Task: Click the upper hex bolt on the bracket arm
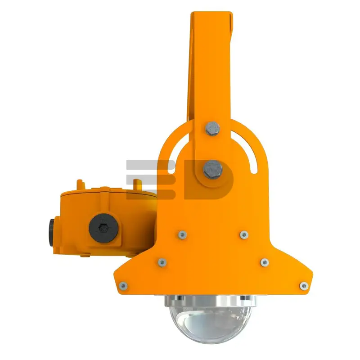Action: click(x=212, y=128)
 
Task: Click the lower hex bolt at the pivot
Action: click(x=213, y=170)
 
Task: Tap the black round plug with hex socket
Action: click(x=104, y=228)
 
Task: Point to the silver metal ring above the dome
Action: click(x=211, y=301)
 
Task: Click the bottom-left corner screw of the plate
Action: click(x=123, y=286)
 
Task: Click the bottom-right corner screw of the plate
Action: click(x=303, y=286)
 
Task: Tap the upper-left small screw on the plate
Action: click(x=182, y=234)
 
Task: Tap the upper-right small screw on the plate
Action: click(x=244, y=234)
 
